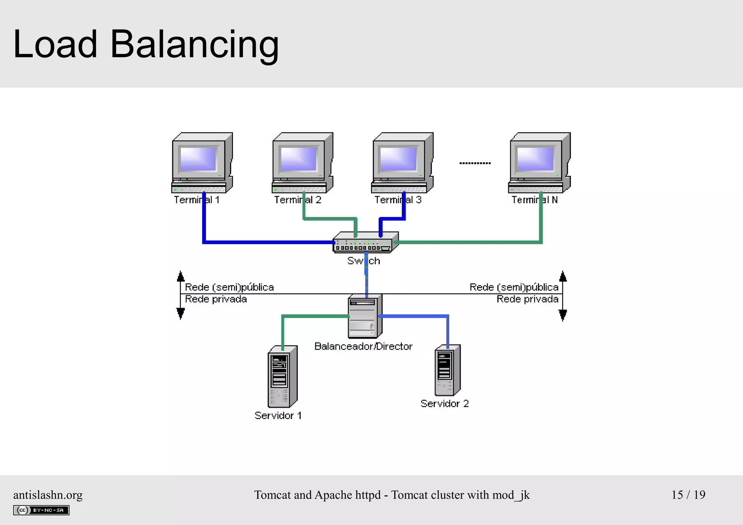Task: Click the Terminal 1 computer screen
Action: tap(198, 159)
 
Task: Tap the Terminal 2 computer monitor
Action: tap(299, 159)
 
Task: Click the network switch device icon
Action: tap(365, 242)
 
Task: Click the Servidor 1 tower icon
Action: tap(282, 377)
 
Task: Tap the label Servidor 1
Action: tap(278, 415)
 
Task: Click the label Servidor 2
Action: tap(444, 403)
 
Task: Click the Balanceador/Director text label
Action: tap(363, 346)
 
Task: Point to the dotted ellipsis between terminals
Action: tap(475, 163)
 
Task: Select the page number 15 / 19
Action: tap(688, 495)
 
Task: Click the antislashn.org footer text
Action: tap(48, 495)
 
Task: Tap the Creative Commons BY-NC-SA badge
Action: tap(41, 510)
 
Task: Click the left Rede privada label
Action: tap(216, 299)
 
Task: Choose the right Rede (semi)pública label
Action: tap(514, 287)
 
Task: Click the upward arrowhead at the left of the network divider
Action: tap(181, 276)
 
